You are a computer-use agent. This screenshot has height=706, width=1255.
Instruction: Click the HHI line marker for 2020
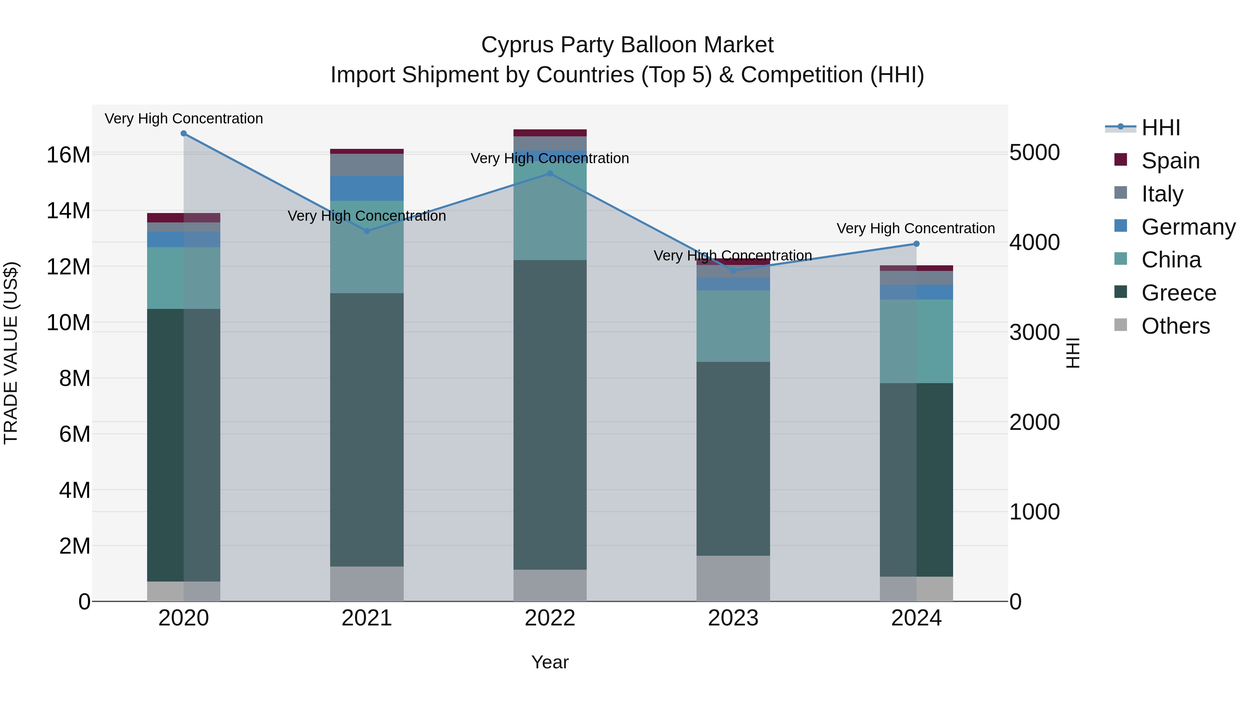tap(184, 134)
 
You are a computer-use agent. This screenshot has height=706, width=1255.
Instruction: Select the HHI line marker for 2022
tap(550, 174)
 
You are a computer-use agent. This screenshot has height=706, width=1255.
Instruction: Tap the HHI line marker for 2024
tap(916, 244)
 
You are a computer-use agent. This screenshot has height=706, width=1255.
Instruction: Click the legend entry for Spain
tap(1170, 161)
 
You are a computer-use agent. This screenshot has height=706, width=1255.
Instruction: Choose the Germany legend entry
tap(1188, 227)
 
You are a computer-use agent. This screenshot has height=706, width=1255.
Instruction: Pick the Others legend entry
tap(1175, 326)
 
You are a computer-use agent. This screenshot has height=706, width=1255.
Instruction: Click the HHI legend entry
tap(1161, 128)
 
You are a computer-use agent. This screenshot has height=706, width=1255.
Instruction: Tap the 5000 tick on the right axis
tap(1034, 152)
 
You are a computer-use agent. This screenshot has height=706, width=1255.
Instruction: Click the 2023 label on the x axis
tap(733, 618)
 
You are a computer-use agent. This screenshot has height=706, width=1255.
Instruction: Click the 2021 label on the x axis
tap(367, 618)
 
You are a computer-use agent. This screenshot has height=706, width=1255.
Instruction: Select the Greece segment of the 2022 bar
tap(550, 414)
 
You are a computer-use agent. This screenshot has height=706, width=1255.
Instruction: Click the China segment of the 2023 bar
tap(733, 326)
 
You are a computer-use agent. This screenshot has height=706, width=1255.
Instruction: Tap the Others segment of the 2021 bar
tap(367, 584)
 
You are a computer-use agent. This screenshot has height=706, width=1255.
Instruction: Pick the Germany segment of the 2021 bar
tap(367, 188)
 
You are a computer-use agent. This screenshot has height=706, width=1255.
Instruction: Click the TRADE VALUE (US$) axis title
tap(11, 353)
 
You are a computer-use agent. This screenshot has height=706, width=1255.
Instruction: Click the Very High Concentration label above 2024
tap(916, 228)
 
